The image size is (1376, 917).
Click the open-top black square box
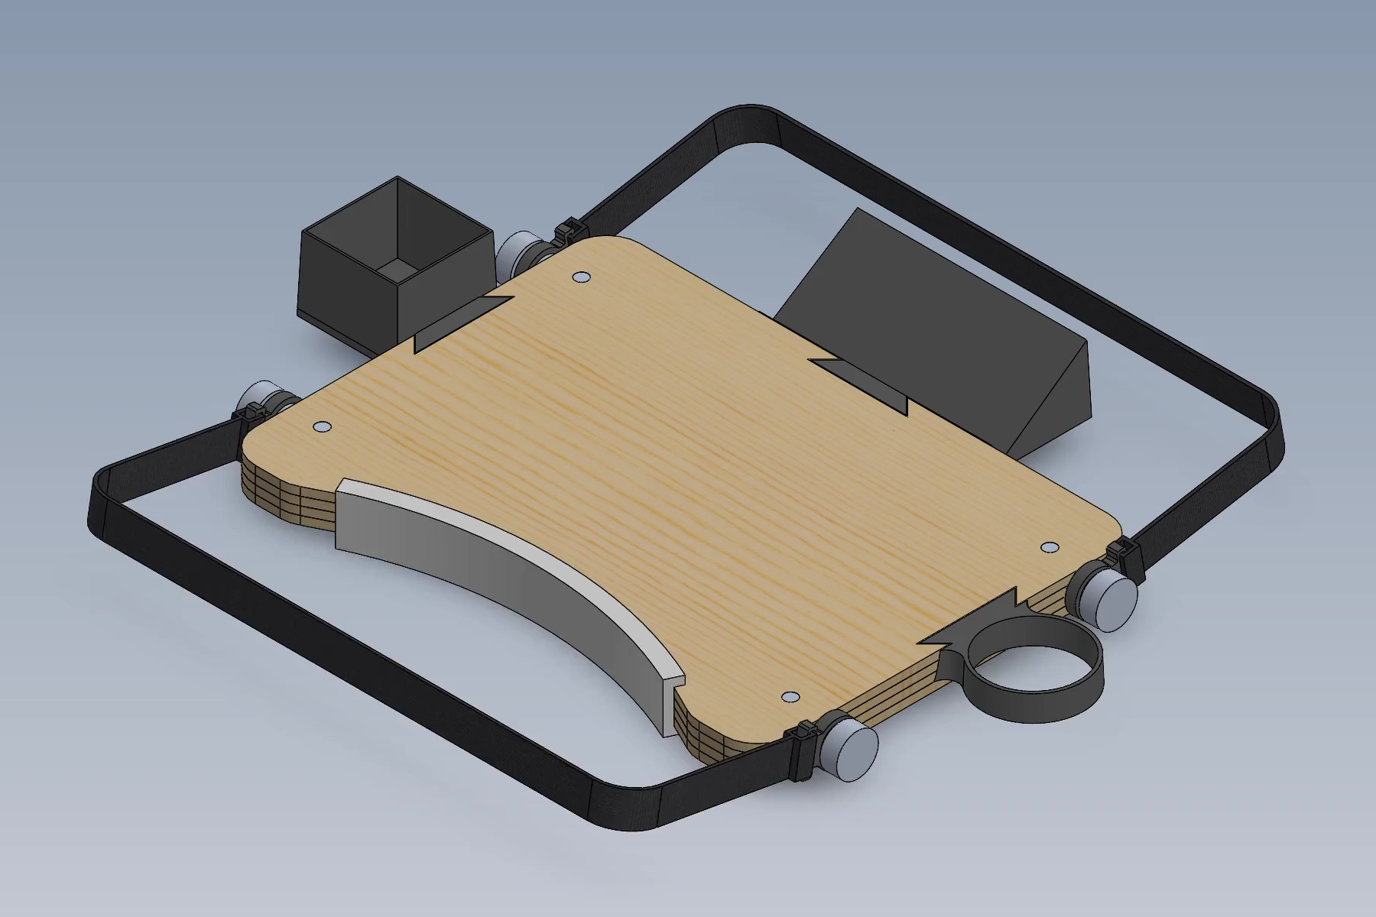tap(394, 264)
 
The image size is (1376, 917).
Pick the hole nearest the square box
tap(580, 276)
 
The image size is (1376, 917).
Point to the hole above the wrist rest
tap(322, 426)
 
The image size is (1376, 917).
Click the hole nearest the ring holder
tap(1050, 548)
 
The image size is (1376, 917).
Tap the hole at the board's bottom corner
tap(791, 697)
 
